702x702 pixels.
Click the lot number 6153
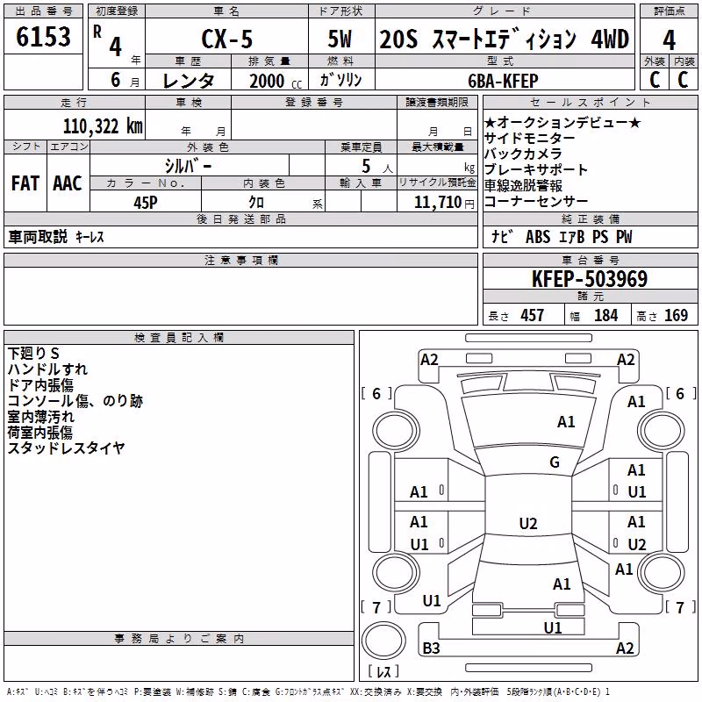(43, 37)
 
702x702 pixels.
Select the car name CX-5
(227, 39)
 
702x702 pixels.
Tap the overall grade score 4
(669, 40)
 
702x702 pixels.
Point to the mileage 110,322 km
(103, 126)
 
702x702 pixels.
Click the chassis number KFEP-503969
(590, 279)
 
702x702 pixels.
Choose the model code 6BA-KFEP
(503, 81)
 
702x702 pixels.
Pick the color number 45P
(146, 203)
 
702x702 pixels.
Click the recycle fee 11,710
(437, 203)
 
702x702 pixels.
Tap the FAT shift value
(25, 183)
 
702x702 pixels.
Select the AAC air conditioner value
(68, 183)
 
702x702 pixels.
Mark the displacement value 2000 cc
(276, 81)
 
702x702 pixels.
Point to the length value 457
(532, 315)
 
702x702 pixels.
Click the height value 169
(676, 315)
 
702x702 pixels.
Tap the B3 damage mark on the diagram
(431, 648)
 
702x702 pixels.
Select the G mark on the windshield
(555, 462)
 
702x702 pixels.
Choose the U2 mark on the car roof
(528, 523)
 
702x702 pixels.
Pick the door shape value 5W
(340, 39)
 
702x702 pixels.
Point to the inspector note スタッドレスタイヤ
(66, 448)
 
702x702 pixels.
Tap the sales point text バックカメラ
(523, 154)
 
